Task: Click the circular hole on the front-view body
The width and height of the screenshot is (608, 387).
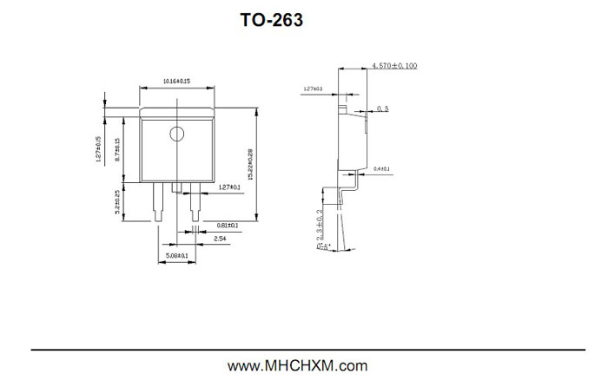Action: coord(176,134)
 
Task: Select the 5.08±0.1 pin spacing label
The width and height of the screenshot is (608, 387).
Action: coord(176,255)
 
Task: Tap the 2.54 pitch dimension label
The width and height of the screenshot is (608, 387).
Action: coord(221,237)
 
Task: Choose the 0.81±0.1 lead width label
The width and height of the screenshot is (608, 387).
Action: coord(228,225)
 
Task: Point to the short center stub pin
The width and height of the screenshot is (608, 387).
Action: coord(176,188)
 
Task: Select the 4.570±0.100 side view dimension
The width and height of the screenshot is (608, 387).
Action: coord(394,66)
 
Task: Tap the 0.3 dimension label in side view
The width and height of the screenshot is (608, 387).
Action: coord(383,109)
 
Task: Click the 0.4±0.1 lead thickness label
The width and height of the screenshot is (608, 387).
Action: coord(381,168)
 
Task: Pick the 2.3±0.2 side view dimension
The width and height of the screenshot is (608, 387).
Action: coord(320,223)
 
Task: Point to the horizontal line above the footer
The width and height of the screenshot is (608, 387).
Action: coord(304,350)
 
